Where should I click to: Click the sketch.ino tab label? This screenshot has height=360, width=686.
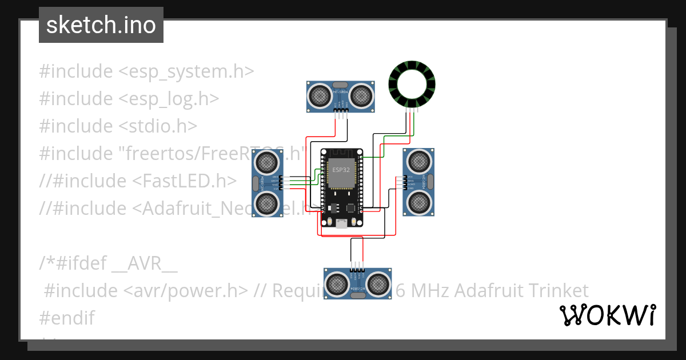(x=101, y=25)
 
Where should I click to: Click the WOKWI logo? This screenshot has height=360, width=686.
(x=607, y=315)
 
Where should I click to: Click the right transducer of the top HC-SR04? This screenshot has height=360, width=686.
(x=361, y=95)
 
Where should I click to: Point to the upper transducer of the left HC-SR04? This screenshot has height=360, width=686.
(x=267, y=163)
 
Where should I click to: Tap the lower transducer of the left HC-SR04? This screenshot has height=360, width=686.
(x=267, y=203)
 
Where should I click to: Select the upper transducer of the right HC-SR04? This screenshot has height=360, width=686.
(x=420, y=162)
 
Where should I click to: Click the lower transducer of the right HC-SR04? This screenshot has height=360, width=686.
(x=420, y=202)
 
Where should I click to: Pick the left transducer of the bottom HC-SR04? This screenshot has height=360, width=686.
(x=337, y=283)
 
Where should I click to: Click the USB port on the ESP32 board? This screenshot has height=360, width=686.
(x=341, y=223)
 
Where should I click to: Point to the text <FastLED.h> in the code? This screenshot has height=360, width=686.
(x=184, y=181)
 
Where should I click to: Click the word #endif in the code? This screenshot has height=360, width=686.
(x=67, y=318)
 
